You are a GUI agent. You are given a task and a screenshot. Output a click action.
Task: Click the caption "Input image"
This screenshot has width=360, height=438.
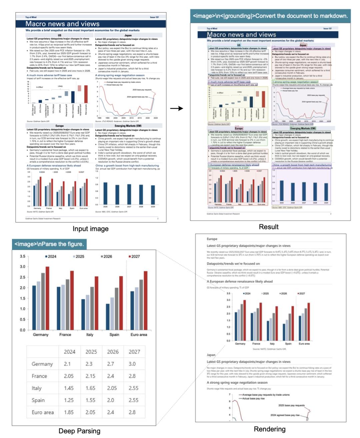coord(90,229)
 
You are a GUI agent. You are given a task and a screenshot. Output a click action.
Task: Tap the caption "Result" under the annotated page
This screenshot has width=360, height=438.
coord(268,227)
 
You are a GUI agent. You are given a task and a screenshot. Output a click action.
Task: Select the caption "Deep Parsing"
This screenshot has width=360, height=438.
coord(79,431)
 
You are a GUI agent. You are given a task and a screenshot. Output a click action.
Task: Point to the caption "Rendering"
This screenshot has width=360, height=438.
coord(269,429)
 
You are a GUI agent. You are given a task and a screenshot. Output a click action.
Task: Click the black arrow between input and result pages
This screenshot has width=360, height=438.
coord(176,108)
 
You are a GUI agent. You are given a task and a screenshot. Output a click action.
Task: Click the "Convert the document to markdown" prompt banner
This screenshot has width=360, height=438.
coord(270,16)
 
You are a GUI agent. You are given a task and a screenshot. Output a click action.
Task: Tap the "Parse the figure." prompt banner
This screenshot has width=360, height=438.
coord(49,244)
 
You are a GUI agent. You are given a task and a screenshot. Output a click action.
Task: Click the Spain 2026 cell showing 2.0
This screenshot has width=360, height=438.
coord(111,400)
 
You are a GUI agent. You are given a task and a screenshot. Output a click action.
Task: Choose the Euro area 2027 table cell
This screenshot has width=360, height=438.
coord(132,412)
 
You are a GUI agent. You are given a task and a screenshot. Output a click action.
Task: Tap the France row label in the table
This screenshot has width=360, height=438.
coord(39,376)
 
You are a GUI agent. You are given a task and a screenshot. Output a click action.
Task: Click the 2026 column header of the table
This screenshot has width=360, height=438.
coord(113,352)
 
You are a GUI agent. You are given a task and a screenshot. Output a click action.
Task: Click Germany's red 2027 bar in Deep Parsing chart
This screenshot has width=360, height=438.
coord(47,298)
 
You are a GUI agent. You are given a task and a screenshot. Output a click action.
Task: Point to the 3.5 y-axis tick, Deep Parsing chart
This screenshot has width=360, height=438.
coord(22,257)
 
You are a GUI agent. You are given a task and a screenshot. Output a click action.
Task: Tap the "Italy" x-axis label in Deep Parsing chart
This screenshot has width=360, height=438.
coord(90,335)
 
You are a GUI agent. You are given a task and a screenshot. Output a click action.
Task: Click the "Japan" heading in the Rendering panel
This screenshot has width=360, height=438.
coord(211,355)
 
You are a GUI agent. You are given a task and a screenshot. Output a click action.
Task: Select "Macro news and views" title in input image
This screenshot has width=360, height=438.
coord(62,24)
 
